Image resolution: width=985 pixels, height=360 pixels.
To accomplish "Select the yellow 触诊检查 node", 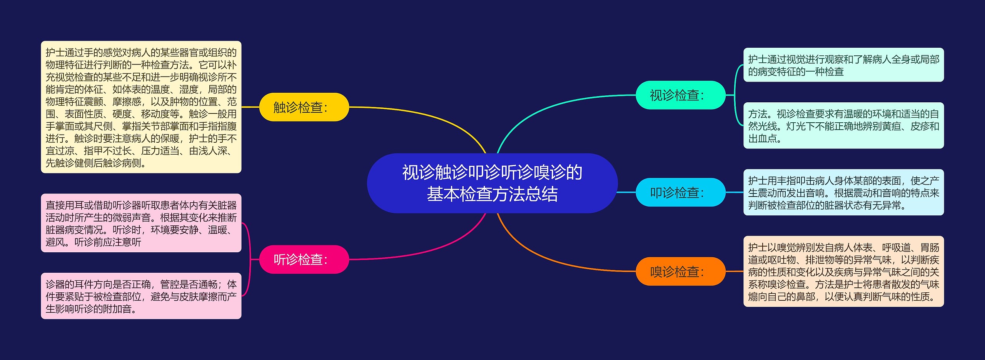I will (x=304, y=107).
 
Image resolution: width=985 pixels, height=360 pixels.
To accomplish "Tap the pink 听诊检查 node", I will (x=304, y=259).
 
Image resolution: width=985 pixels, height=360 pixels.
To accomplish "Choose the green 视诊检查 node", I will (x=680, y=95).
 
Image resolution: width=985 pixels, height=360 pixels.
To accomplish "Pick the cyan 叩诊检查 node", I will (x=680, y=192).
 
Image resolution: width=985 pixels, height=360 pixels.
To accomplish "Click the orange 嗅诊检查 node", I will (x=680, y=271).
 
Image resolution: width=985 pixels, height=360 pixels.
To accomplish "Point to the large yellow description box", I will (x=141, y=107).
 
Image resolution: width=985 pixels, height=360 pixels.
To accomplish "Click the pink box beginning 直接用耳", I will (x=141, y=223).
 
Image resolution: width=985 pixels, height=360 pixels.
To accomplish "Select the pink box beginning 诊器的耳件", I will (x=141, y=296).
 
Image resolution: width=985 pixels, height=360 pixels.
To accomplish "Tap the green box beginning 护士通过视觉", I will (x=843, y=65).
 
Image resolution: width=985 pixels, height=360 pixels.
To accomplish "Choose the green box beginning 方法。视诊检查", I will (x=843, y=125).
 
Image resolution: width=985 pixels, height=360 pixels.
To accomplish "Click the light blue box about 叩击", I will (x=843, y=192).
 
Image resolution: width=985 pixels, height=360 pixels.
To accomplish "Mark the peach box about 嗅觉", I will (x=843, y=271).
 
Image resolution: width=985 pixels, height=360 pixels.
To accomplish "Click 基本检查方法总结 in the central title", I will (x=492, y=194).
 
